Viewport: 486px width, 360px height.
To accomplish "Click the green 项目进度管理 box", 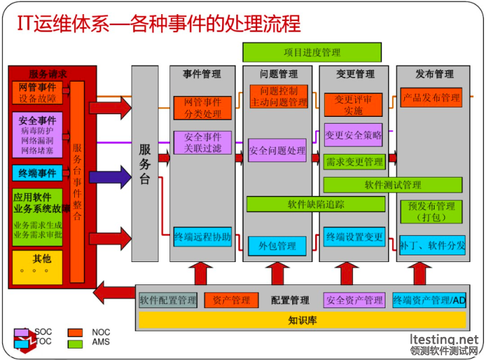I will (312, 52).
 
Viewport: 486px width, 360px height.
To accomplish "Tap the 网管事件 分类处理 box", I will (202, 107).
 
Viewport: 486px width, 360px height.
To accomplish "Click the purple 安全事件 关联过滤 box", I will (202, 143).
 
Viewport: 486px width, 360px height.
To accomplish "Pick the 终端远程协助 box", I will (202, 237).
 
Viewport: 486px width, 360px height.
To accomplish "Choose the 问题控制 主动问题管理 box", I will (279, 97).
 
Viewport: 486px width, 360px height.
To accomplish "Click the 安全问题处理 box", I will (277, 151).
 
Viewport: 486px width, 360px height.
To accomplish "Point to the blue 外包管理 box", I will (277, 246).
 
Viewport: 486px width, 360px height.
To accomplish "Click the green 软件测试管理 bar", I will (393, 184).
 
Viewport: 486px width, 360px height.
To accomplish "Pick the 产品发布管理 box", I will (431, 98).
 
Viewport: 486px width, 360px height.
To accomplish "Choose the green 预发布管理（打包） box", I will (431, 211).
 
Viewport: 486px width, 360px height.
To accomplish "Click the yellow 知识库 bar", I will (302, 320).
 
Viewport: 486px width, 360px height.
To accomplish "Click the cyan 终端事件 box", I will (37, 174).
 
